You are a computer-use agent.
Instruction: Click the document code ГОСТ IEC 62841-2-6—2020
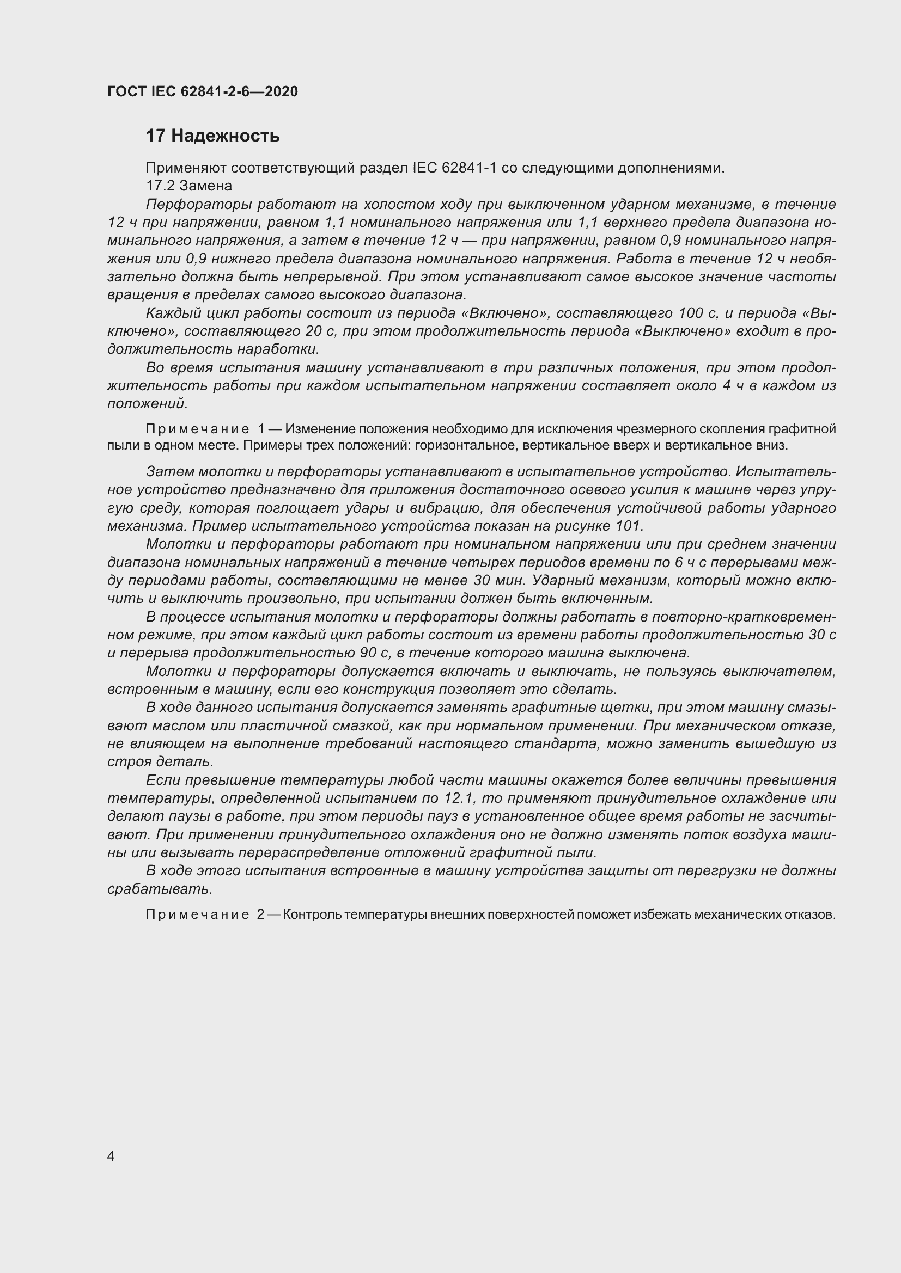pyautogui.click(x=203, y=91)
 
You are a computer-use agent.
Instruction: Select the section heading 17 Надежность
pyautogui.click(x=212, y=136)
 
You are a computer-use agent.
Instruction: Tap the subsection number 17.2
pyautogui.click(x=159, y=186)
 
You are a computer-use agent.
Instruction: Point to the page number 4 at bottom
pyautogui.click(x=111, y=1156)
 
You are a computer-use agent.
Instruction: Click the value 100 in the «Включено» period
pyautogui.click(x=691, y=314)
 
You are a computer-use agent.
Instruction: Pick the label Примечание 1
pyautogui.click(x=205, y=429)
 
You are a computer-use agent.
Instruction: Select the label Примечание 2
pyautogui.click(x=205, y=915)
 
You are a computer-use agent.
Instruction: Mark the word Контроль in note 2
pyautogui.click(x=312, y=915)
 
